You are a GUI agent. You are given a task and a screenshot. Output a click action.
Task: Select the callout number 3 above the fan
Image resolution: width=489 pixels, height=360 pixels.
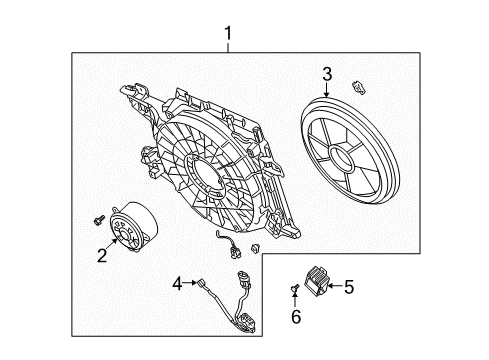click(x=326, y=72)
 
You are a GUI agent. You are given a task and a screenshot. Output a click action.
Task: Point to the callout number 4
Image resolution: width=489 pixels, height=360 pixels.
click(x=177, y=285)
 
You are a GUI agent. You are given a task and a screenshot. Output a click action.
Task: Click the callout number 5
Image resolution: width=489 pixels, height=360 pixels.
click(x=348, y=286)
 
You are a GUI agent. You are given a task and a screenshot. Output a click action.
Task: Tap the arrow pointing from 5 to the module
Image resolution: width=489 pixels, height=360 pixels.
click(x=334, y=286)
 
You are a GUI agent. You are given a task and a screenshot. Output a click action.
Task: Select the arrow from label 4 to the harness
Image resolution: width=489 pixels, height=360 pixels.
click(x=191, y=285)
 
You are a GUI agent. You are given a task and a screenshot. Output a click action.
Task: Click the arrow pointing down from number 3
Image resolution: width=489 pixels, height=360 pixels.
click(x=326, y=88)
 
